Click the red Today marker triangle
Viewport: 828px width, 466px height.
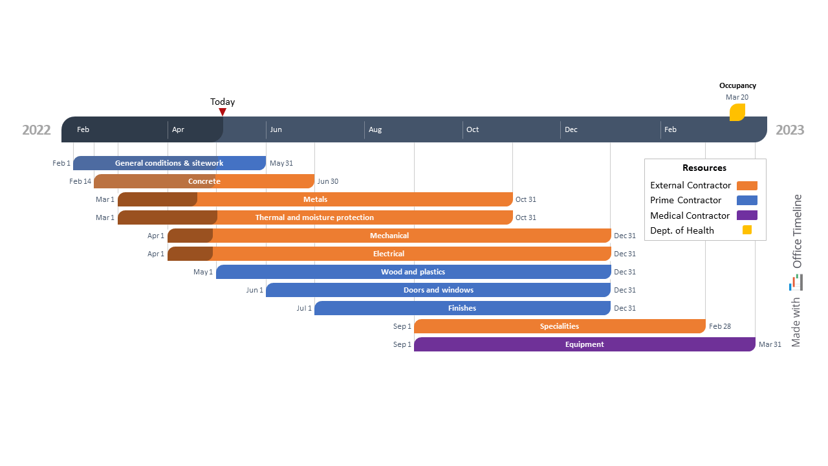(223, 112)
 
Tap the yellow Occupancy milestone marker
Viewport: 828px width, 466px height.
(737, 113)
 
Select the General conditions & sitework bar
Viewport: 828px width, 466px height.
(169, 163)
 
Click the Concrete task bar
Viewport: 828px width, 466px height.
(204, 181)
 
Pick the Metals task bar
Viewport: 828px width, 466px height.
(315, 199)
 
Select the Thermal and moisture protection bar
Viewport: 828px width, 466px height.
(315, 217)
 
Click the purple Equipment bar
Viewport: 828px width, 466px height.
(584, 344)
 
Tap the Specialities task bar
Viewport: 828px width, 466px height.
(560, 326)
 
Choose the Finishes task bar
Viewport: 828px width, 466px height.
(462, 308)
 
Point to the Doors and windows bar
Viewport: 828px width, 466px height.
(439, 290)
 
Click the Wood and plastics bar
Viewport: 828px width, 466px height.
(413, 272)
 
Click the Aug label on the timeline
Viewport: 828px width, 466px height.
(375, 129)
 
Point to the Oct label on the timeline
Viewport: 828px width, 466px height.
(473, 129)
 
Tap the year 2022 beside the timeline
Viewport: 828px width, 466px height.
(36, 130)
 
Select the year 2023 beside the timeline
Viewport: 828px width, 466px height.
(790, 130)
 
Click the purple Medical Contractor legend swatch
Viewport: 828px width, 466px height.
(746, 216)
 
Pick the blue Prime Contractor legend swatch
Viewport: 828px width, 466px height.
(746, 201)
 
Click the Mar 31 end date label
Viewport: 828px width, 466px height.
(770, 344)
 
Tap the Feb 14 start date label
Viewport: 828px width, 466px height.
(80, 181)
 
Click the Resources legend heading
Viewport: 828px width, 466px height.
(704, 168)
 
